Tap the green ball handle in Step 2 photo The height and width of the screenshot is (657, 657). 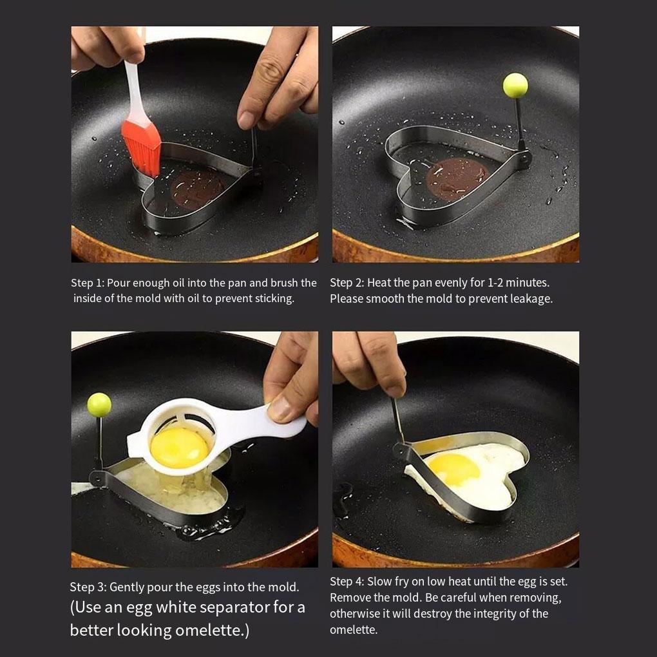[515, 85]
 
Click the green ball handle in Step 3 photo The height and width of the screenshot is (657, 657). [99, 405]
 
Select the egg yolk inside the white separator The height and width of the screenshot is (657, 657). [179, 448]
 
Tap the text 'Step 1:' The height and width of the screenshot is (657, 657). [87, 283]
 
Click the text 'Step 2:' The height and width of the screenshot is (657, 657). [347, 283]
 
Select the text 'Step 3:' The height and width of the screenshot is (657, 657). [88, 587]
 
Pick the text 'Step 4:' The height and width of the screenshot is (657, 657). [347, 582]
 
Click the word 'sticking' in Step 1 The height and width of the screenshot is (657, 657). [274, 299]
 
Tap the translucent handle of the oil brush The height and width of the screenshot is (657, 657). [134, 93]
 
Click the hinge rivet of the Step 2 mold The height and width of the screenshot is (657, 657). [523, 159]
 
